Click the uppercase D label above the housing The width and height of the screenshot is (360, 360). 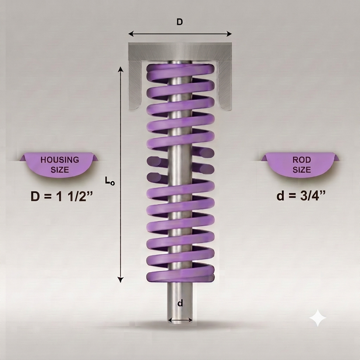180,22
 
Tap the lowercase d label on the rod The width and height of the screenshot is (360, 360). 180,303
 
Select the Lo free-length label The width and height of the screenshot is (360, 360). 110,180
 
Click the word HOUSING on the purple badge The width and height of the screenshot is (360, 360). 60,160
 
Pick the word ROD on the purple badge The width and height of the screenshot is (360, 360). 301,160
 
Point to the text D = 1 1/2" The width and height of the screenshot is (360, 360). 61,196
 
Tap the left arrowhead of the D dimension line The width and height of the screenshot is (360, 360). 131,34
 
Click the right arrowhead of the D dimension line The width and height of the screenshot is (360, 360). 229,34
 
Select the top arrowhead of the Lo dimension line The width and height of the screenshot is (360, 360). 120,69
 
